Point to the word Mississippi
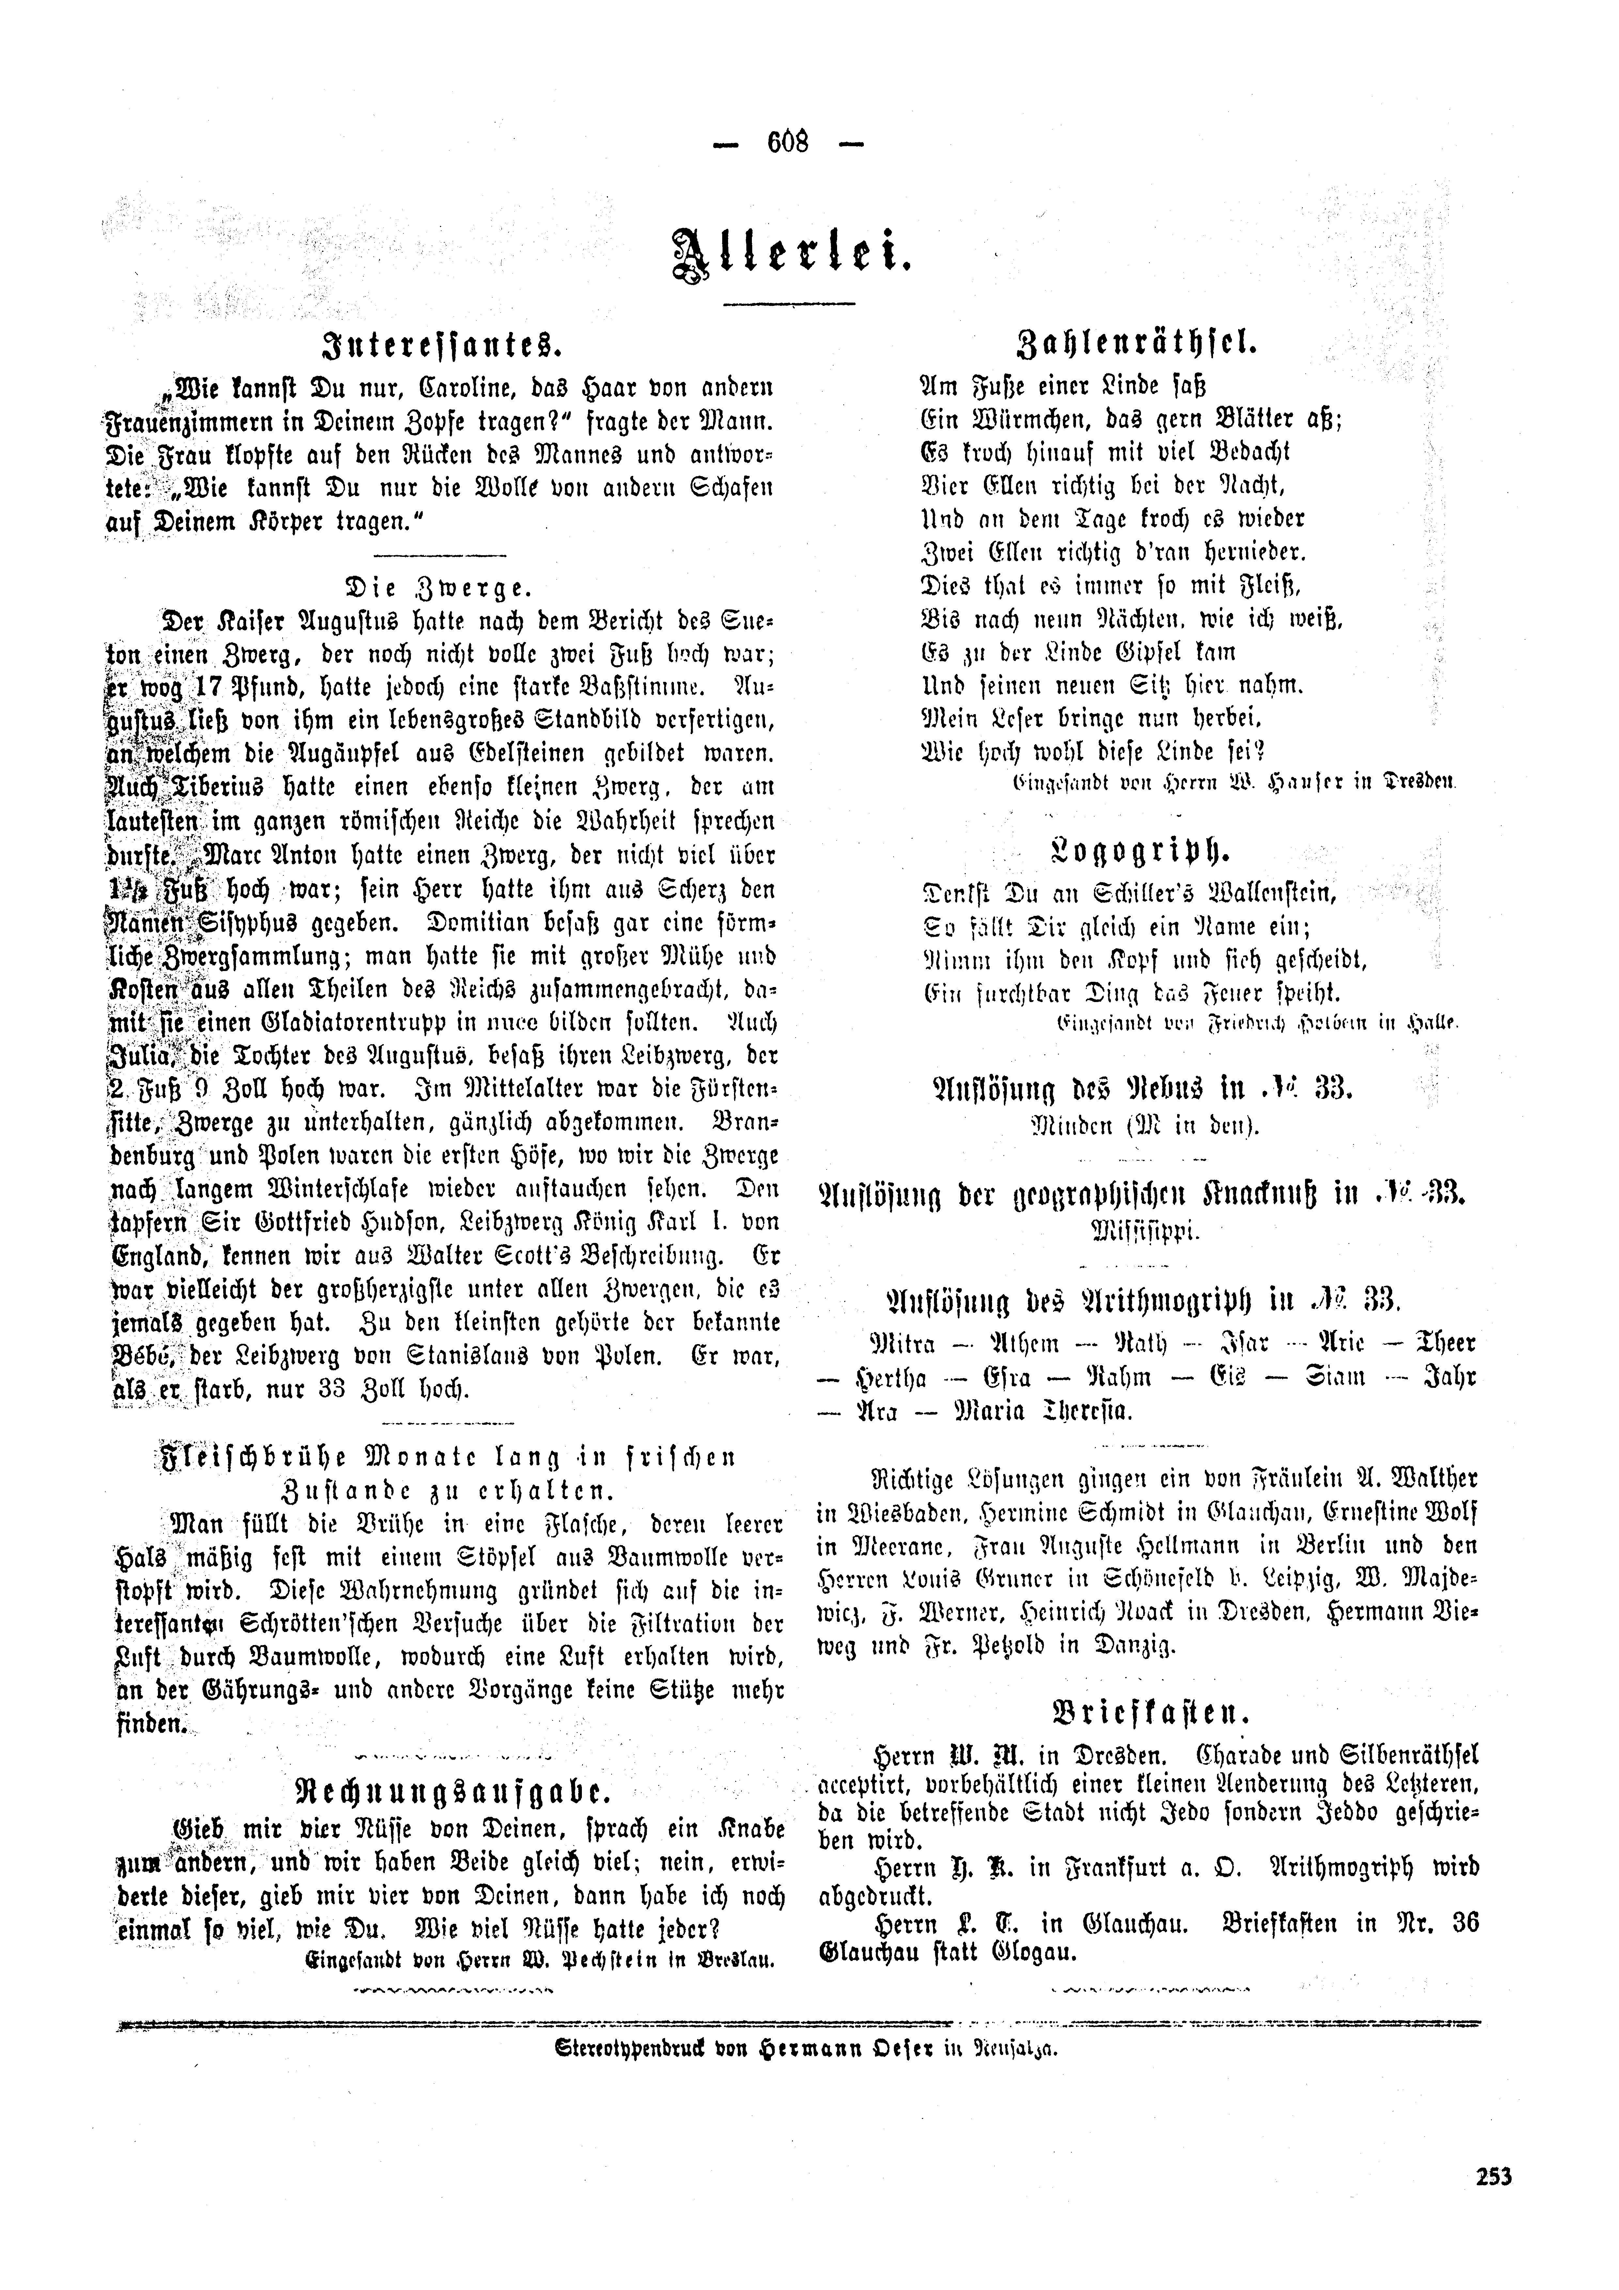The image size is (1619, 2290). pos(1147,1231)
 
